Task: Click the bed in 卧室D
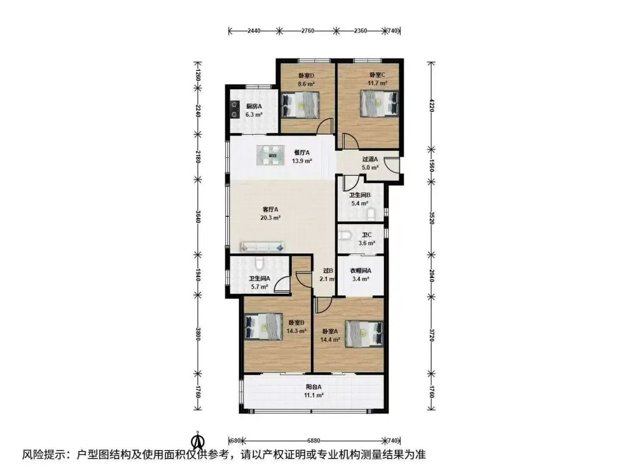coord(301,105)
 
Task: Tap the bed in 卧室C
coord(380,103)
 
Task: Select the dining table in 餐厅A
coord(270,156)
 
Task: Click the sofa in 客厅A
coord(262,247)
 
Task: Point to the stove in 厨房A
coord(234,110)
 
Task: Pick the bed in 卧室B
coord(264,327)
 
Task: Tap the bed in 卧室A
coord(364,333)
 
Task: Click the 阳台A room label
coord(314,388)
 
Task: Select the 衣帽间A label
coord(361,271)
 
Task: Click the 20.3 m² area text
coord(270,218)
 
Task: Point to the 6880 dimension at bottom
coord(314,441)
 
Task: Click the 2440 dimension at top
coord(254,30)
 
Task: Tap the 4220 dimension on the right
coord(432,106)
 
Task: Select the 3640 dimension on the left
coord(197,217)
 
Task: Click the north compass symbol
coord(198,441)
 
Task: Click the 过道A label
coord(370,159)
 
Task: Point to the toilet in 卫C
coord(344,234)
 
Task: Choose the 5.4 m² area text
coord(360,203)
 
